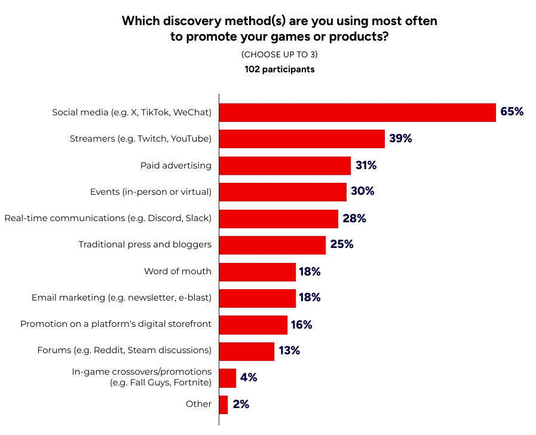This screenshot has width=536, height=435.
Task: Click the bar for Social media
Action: [357, 112]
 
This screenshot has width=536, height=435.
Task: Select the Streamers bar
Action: [302, 139]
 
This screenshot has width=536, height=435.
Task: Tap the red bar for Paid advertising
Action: [285, 166]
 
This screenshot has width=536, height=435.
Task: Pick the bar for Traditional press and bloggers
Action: [272, 245]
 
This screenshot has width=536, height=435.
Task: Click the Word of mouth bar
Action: [258, 272]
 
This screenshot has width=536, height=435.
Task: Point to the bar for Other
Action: [223, 405]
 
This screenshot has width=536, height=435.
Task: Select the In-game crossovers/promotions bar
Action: [228, 378]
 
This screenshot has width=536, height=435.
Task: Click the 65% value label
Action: [512, 112]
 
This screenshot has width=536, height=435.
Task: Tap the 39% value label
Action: [400, 139]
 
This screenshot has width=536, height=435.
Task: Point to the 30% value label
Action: [363, 191]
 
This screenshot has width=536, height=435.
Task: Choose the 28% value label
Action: [354, 218]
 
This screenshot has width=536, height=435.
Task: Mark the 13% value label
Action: [289, 351]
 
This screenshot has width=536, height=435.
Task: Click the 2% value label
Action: [241, 405]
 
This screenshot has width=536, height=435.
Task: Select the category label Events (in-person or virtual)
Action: [151, 192]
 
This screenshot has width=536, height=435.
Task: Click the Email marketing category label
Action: [121, 298]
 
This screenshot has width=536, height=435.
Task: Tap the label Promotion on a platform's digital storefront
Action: [116, 324]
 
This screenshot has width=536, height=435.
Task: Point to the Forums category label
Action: [124, 350]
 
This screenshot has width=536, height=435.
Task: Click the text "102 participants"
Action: [280, 69]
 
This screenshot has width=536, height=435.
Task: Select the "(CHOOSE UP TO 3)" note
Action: [280, 54]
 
